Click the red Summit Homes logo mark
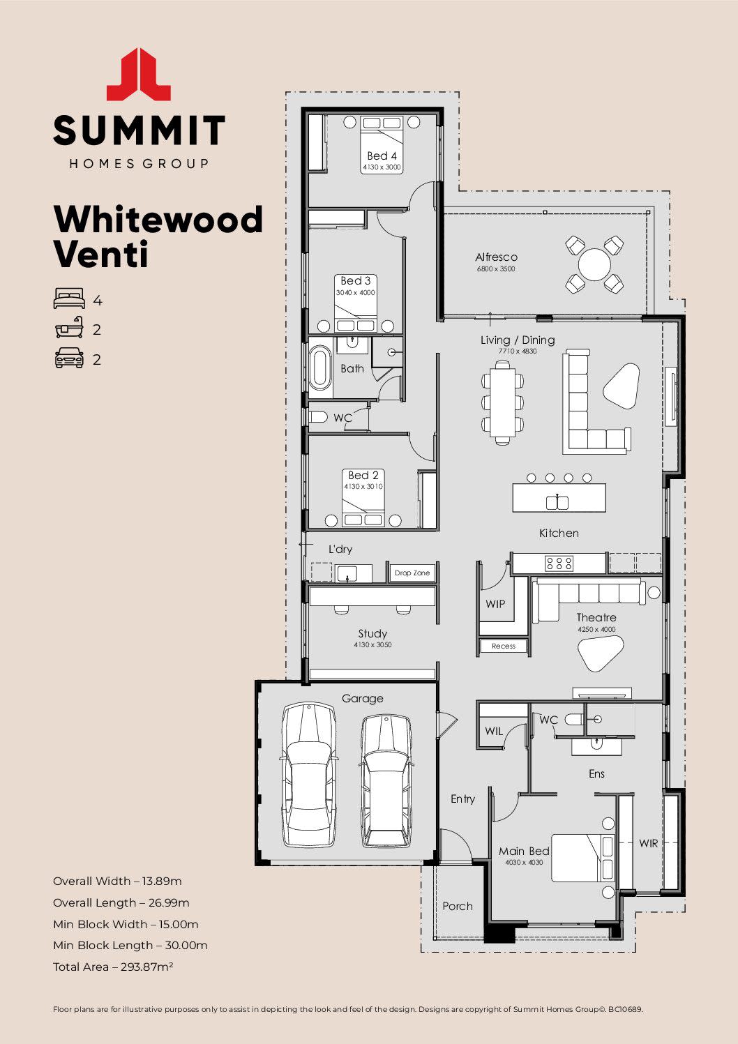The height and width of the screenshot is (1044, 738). [139, 75]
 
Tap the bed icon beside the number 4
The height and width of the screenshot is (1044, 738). [69, 298]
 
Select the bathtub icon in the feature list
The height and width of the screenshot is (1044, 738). [69, 328]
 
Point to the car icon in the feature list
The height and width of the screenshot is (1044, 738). [69, 358]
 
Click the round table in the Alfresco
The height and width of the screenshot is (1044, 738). [594, 264]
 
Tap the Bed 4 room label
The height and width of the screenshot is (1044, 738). [382, 156]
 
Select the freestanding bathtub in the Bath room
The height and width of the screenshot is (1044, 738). [320, 367]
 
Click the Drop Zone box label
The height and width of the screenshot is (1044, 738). [412, 573]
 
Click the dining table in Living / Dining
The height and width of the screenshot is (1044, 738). [502, 402]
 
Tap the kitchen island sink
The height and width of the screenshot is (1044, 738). [558, 501]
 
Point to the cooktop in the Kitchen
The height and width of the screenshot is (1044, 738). [559, 563]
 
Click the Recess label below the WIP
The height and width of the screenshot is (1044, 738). [503, 646]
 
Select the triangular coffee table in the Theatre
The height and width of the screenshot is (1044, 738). [601, 653]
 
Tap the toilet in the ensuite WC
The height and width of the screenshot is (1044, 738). [574, 720]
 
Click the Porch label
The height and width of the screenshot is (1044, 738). [458, 906]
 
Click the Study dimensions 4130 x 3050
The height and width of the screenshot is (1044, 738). [372, 645]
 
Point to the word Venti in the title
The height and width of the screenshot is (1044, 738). [101, 255]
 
